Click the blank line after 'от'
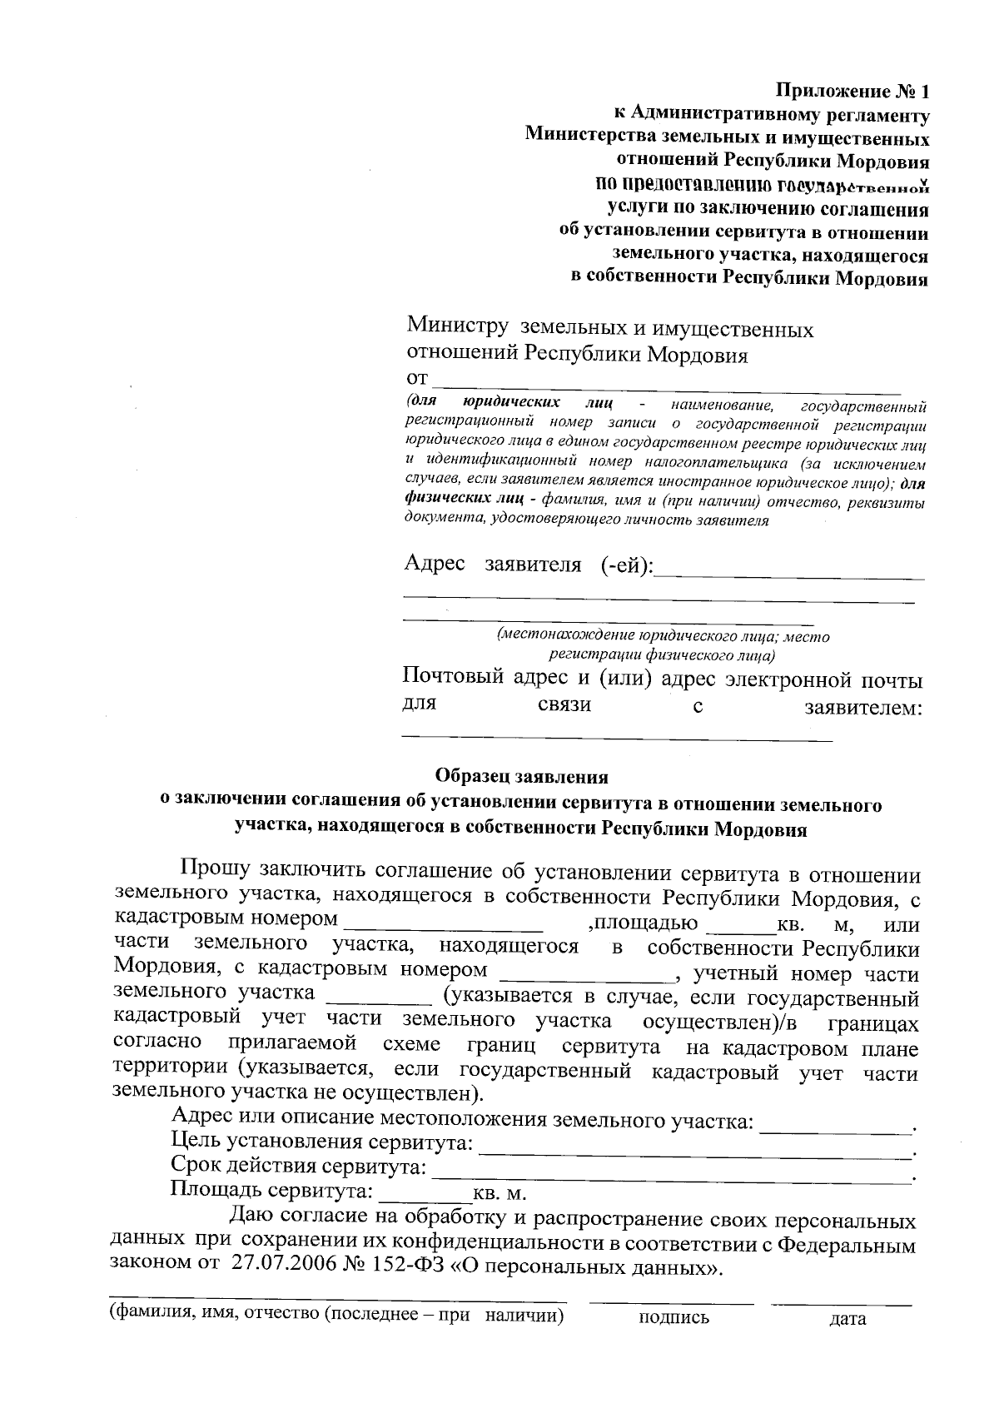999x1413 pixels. (x=666, y=385)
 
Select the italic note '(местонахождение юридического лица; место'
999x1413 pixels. (x=663, y=636)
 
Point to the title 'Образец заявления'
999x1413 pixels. (x=522, y=777)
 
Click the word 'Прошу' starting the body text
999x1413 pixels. (x=214, y=872)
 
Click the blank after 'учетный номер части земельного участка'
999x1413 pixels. (x=380, y=998)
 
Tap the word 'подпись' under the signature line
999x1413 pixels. (x=674, y=1318)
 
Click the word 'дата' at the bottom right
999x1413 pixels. (x=847, y=1319)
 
